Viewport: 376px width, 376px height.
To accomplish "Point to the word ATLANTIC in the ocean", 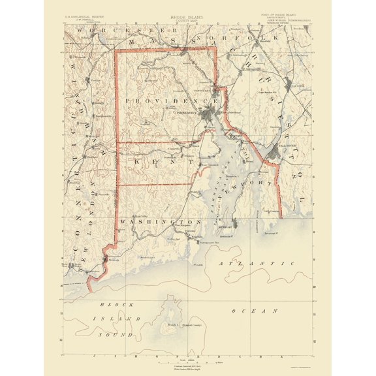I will [255, 263].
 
